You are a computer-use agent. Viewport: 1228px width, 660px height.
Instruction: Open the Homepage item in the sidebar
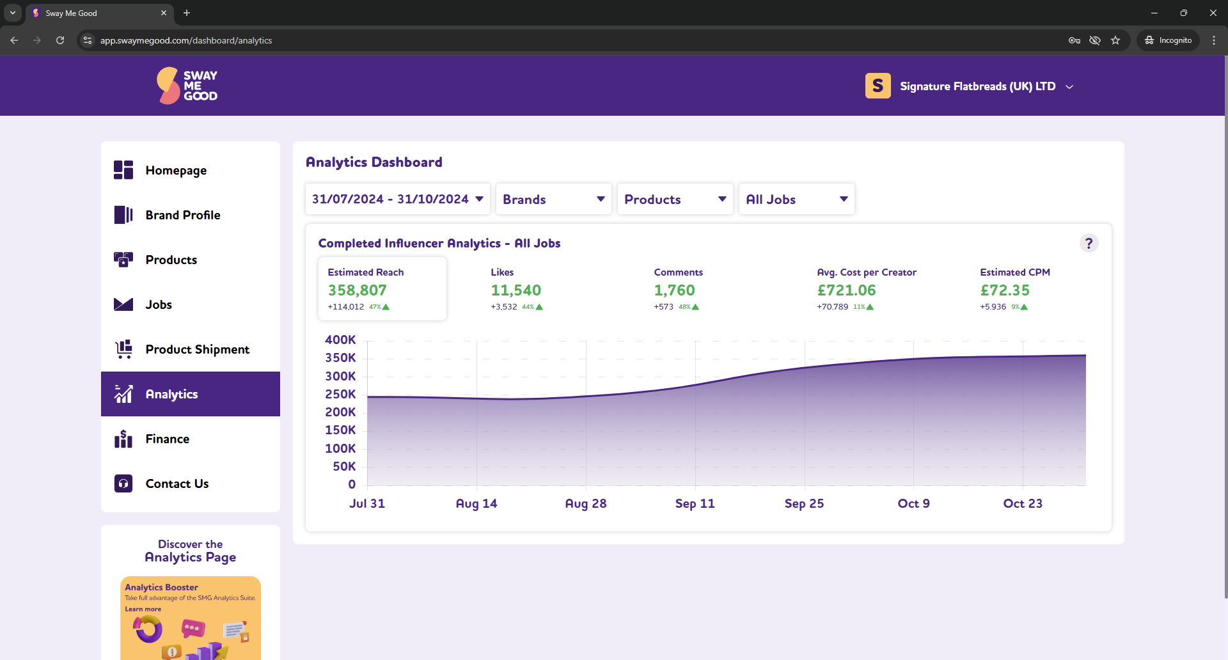pyautogui.click(x=175, y=170)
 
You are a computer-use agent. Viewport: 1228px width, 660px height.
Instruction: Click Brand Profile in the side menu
pyautogui.click(x=182, y=215)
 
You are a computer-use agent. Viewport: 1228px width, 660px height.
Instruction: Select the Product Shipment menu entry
pyautogui.click(x=197, y=349)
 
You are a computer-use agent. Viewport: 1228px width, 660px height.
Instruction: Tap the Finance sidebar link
pyautogui.click(x=167, y=439)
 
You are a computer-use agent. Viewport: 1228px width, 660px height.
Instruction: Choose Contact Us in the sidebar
pyautogui.click(x=177, y=483)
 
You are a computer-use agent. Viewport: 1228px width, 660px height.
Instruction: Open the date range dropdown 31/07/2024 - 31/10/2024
pyautogui.click(x=397, y=199)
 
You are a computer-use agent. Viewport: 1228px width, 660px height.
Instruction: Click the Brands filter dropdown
pyautogui.click(x=553, y=199)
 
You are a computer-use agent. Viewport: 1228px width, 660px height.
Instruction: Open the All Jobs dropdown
pyautogui.click(x=796, y=199)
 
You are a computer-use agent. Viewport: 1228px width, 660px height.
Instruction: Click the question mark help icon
pyautogui.click(x=1089, y=243)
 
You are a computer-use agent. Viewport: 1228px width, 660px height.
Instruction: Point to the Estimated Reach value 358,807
pyautogui.click(x=357, y=290)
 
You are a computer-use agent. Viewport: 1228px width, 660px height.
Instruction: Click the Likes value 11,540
pyautogui.click(x=516, y=290)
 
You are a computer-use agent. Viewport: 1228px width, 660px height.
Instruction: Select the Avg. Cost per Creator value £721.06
pyautogui.click(x=846, y=290)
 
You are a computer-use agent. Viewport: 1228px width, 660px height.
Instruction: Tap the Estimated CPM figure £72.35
pyautogui.click(x=1005, y=290)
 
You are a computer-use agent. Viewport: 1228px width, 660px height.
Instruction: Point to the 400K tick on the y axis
pyautogui.click(x=340, y=340)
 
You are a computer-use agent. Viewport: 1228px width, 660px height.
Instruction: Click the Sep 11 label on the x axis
pyautogui.click(x=695, y=503)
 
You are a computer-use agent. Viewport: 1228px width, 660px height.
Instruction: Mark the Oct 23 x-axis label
pyautogui.click(x=1022, y=503)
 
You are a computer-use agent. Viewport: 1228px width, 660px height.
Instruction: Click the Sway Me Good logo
pyautogui.click(x=187, y=86)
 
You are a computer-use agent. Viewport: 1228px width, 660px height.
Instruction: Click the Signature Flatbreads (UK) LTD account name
pyautogui.click(x=977, y=86)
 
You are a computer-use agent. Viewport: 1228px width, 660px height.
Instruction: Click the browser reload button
pyautogui.click(x=60, y=40)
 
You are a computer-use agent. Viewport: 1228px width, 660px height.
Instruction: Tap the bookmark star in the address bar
pyautogui.click(x=1115, y=40)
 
